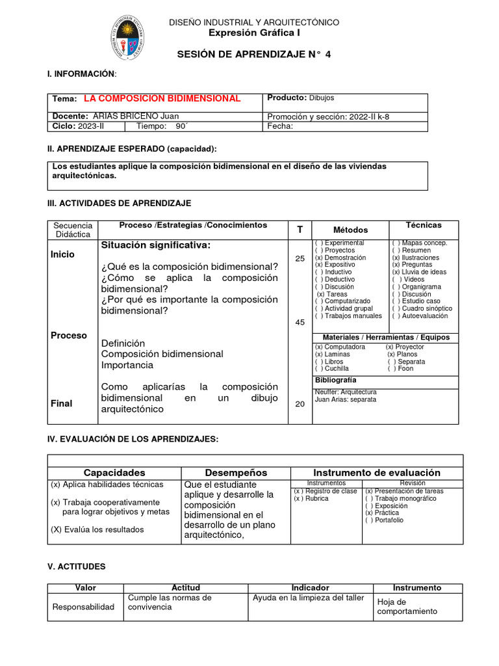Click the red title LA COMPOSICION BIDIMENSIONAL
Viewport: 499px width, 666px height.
click(162, 98)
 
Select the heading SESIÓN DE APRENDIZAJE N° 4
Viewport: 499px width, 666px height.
click(254, 55)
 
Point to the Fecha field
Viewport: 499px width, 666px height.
click(280, 127)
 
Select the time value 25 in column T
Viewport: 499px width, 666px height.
click(300, 259)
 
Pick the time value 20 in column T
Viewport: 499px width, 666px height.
click(300, 404)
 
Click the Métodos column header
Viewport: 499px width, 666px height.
click(350, 230)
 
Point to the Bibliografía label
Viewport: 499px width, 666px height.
click(335, 380)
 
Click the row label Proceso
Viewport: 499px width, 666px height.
click(69, 336)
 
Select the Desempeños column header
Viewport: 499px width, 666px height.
click(236, 473)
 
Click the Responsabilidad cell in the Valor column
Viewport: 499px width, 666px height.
click(83, 607)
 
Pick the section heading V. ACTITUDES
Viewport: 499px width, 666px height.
click(77, 567)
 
